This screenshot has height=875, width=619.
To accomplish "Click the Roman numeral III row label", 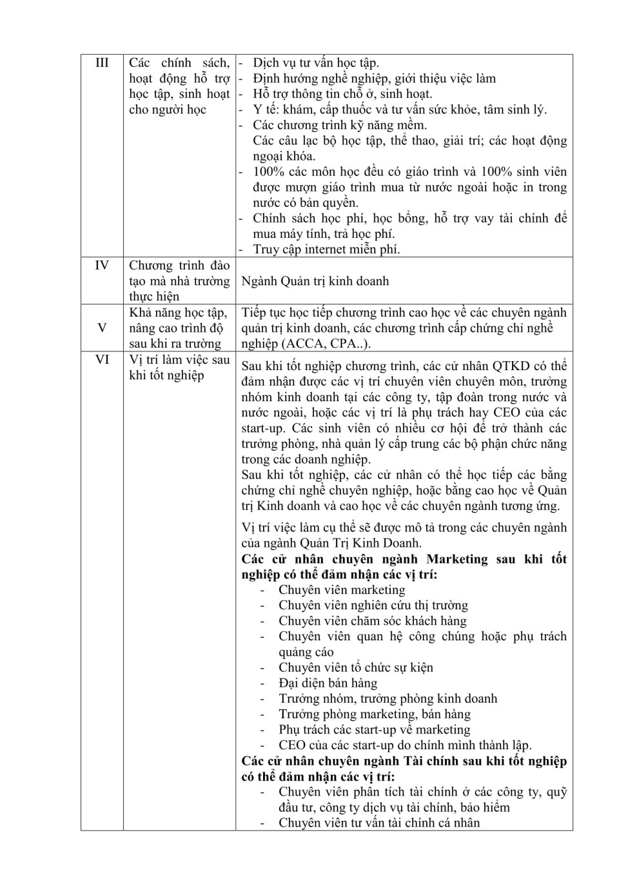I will (x=102, y=63).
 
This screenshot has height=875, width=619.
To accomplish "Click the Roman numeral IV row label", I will (x=102, y=266).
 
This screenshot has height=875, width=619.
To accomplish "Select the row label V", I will (x=102, y=328).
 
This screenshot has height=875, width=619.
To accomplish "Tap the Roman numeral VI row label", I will (x=102, y=360).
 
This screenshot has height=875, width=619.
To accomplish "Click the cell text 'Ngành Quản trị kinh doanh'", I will (x=315, y=281).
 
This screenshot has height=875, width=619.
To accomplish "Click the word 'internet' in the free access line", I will (x=329, y=250).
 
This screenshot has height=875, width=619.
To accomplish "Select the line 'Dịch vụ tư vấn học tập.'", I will (x=316, y=63).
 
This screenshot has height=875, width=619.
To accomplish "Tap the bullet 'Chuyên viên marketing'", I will (x=342, y=590).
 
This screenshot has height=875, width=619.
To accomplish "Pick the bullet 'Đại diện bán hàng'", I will (x=328, y=683).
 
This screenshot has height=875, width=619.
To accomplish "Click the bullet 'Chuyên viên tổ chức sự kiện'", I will (x=355, y=667).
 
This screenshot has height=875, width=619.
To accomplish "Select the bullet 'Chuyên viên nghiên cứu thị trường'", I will (x=373, y=605).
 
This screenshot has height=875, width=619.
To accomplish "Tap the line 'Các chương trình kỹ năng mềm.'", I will (x=340, y=125).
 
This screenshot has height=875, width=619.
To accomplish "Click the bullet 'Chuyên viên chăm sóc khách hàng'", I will (x=372, y=621).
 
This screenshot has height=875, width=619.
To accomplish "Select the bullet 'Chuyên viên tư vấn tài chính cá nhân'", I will (x=379, y=823).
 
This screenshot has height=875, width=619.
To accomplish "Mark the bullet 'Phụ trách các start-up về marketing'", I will (x=374, y=730).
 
